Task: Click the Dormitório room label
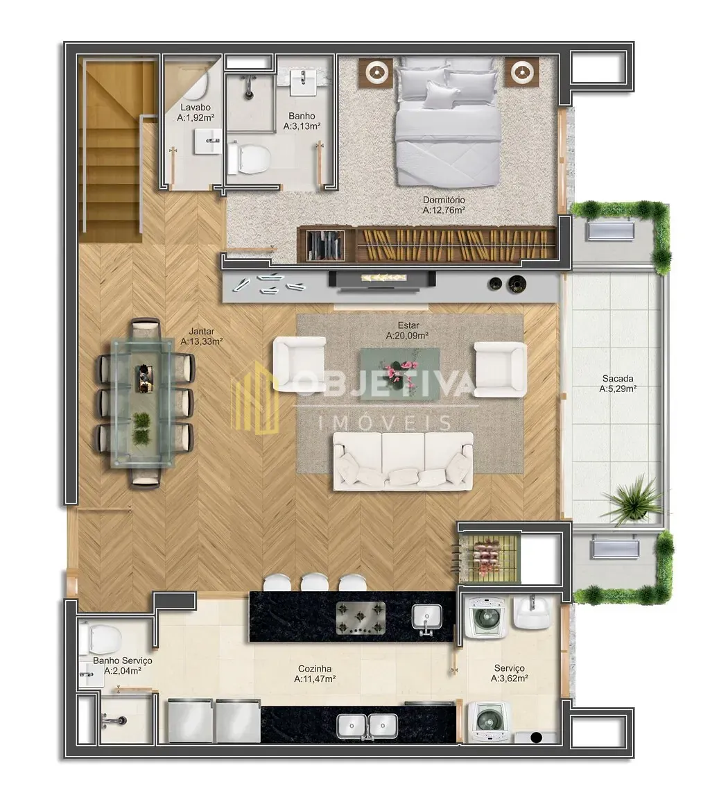[x=444, y=200]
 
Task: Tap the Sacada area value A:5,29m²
[x=618, y=389]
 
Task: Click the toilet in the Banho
[x=248, y=157]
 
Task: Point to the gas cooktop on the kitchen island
[x=361, y=617]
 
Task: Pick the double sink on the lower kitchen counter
[x=367, y=726]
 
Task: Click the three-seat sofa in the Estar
[x=403, y=461]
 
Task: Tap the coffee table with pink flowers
[x=399, y=373]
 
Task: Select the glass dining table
[x=143, y=402]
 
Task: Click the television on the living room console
[x=382, y=280]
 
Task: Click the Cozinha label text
[x=314, y=669]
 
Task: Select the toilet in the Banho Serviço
[x=100, y=638]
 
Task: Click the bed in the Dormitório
[x=447, y=121]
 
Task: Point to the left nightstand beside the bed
[x=376, y=73]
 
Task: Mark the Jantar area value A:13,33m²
[x=202, y=341]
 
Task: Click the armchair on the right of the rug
[x=501, y=369]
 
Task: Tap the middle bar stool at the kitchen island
[x=314, y=583]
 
